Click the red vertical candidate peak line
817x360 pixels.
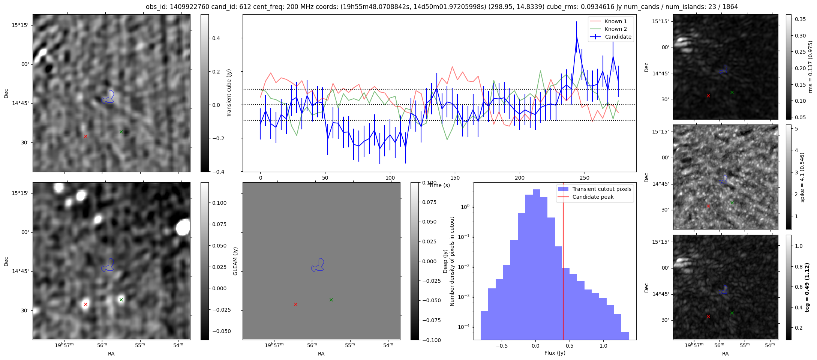pos(563,262)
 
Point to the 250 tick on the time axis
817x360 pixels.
pos(585,177)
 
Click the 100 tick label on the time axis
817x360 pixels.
pos(390,177)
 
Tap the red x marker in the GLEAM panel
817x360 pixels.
pos(295,304)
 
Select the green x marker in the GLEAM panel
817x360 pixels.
pos(331,300)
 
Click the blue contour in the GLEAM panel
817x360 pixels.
pos(318,265)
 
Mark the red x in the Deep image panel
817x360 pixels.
pos(85,304)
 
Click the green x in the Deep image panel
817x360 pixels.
pos(121,300)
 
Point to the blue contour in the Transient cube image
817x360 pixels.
pos(108,97)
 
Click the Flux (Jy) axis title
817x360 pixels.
pos(555,353)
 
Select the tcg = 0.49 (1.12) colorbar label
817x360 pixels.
pos(807,287)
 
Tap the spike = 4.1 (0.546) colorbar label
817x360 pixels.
pos(802,177)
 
